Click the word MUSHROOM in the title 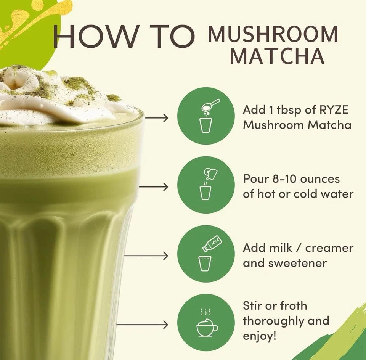tap(273, 34)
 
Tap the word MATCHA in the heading tap(277, 56)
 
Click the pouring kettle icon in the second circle tap(210, 173)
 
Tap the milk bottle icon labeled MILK tap(212, 244)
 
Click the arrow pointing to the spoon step tap(156, 118)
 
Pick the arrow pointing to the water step tap(154, 187)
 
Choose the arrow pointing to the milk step tap(146, 256)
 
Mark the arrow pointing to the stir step tap(142, 325)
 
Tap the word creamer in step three tap(329, 248)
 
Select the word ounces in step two tap(320, 179)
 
